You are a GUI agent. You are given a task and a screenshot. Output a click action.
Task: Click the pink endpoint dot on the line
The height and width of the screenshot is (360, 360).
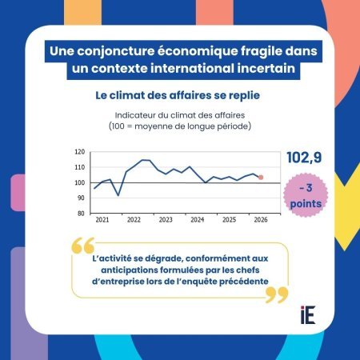(x=261, y=178)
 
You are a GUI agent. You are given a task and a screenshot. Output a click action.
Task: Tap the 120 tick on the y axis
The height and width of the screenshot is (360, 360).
(x=79, y=152)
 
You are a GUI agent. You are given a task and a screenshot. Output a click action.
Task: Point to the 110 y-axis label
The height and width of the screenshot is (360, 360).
(x=79, y=167)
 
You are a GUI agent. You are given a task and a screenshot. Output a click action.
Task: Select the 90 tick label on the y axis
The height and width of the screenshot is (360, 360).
(x=81, y=198)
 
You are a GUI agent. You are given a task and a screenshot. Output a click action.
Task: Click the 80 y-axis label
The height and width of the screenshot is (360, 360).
(x=81, y=214)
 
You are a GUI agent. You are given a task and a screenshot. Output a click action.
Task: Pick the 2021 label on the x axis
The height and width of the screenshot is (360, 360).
(x=102, y=220)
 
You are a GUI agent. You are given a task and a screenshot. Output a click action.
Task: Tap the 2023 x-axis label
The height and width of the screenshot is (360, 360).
(x=166, y=220)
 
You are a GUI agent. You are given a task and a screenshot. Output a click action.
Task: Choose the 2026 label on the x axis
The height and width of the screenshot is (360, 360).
(x=261, y=220)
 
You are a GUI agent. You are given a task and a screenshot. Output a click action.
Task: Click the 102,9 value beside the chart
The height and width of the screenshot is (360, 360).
(x=304, y=158)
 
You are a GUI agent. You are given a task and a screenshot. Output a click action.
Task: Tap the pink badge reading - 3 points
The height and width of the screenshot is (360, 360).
(x=306, y=195)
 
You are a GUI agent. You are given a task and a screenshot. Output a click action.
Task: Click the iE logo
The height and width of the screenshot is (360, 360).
(x=308, y=315)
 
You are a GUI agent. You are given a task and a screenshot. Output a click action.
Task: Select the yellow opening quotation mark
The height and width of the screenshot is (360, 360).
(x=83, y=245)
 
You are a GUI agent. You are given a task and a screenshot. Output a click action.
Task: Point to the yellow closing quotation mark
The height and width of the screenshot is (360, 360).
(x=277, y=295)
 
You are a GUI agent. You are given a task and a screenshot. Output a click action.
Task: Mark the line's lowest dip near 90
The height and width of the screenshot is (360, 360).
(x=118, y=195)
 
